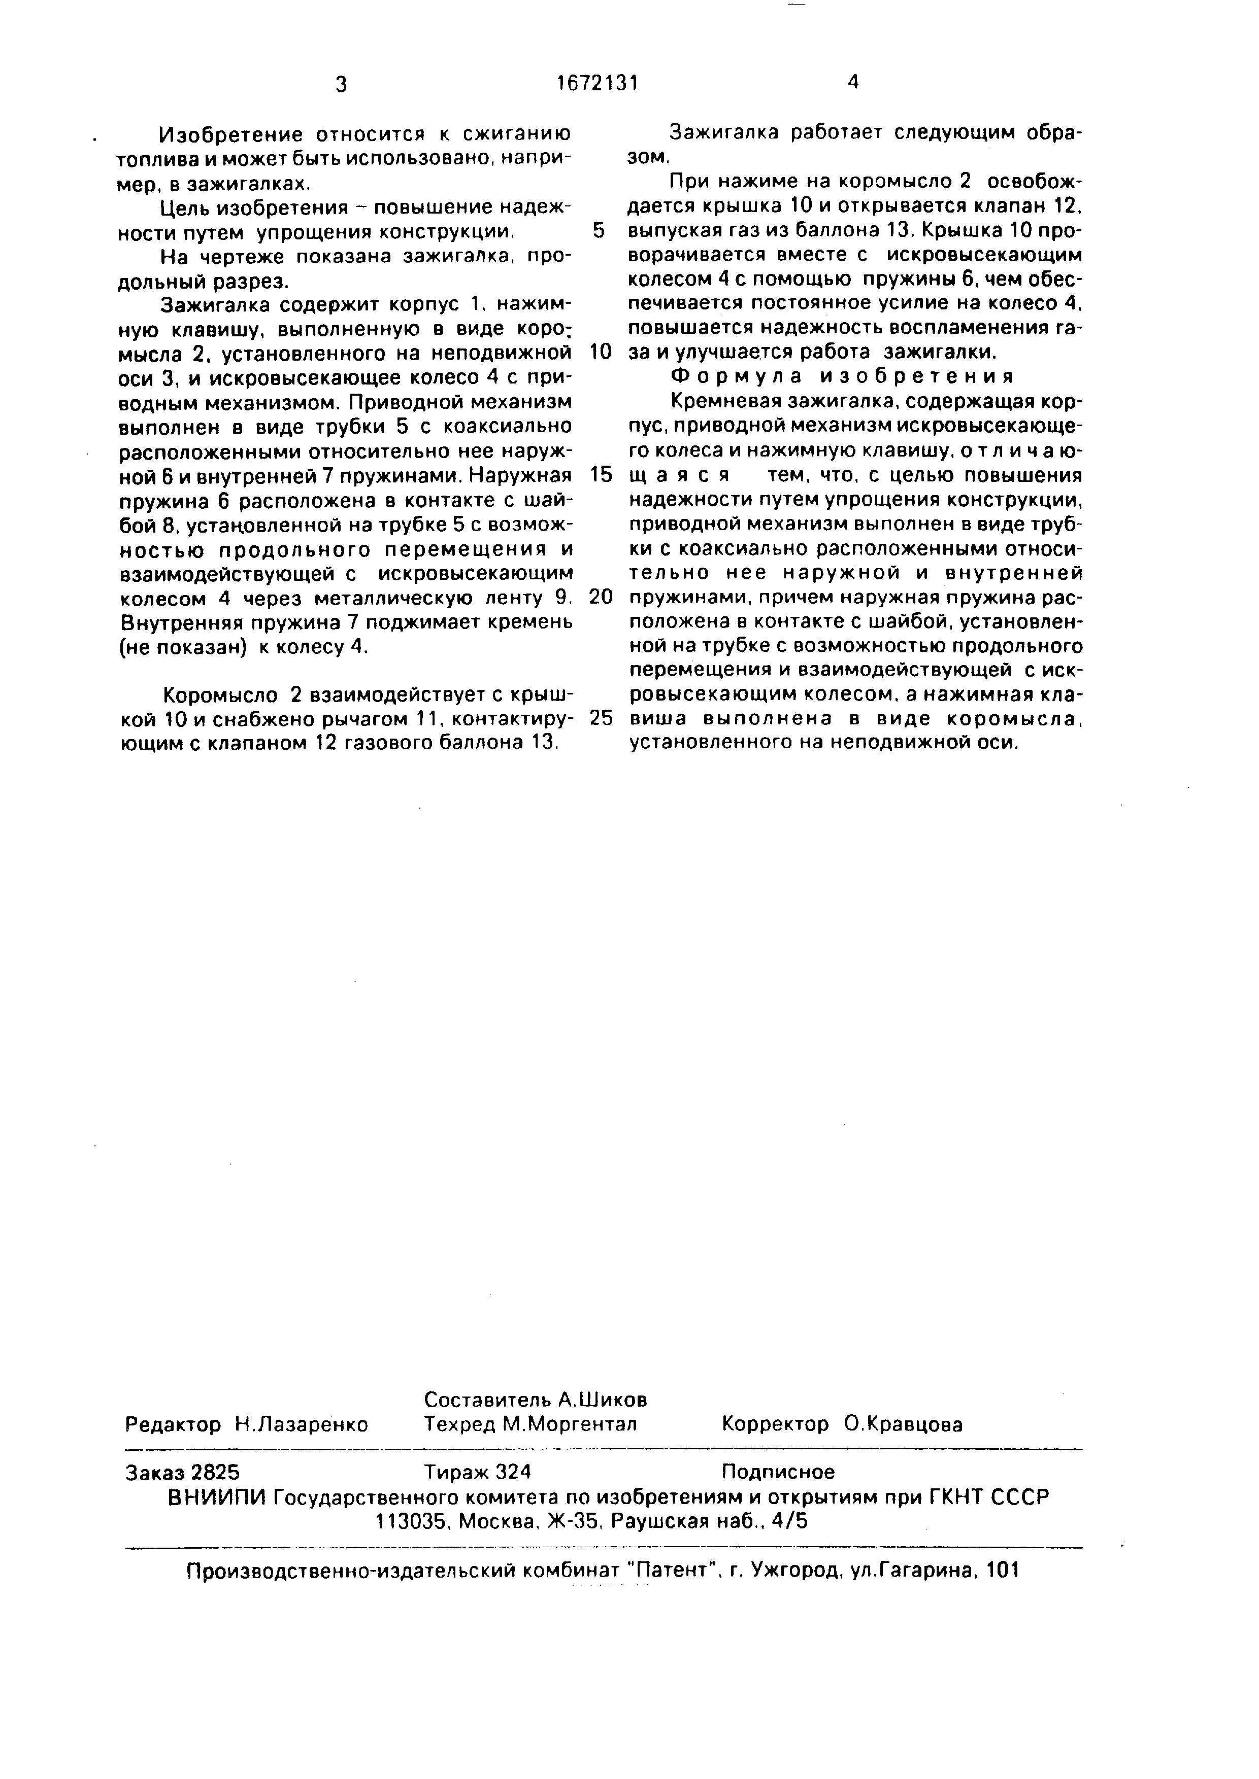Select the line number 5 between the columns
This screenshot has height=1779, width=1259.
coord(598,231)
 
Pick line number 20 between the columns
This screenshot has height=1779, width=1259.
coord(601,597)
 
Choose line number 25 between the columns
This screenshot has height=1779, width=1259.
coord(601,718)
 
